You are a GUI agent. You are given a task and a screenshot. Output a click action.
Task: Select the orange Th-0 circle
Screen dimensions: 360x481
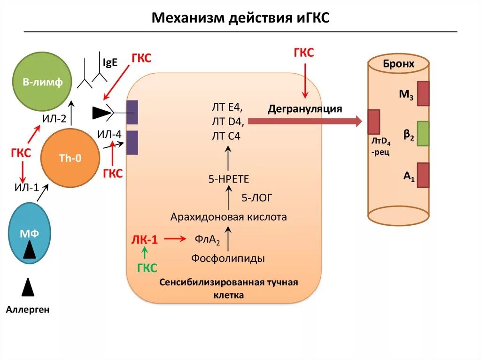(70, 159)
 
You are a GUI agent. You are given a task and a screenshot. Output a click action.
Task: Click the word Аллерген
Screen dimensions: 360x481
(28, 310)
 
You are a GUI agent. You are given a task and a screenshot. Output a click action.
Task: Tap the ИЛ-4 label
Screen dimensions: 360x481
(109, 135)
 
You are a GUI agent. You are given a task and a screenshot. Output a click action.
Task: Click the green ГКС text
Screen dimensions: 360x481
(147, 268)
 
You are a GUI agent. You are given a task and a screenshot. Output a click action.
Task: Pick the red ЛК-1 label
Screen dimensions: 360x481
(144, 240)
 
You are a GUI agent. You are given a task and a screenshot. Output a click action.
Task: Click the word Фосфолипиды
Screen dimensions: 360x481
(228, 258)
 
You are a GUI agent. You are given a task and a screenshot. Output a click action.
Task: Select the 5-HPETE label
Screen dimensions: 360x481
(228, 179)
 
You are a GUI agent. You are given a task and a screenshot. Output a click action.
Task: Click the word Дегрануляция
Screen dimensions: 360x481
(305, 109)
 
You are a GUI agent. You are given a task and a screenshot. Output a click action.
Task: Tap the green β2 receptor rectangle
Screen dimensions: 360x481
(423, 134)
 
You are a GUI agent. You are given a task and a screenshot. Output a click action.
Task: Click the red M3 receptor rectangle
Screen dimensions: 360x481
(423, 93)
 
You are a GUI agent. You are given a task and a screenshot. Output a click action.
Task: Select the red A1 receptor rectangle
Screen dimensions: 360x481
(423, 175)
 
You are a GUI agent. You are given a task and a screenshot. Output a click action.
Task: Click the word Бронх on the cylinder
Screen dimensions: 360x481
(398, 64)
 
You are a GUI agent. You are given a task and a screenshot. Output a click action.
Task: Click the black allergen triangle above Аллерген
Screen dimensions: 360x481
(28, 287)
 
